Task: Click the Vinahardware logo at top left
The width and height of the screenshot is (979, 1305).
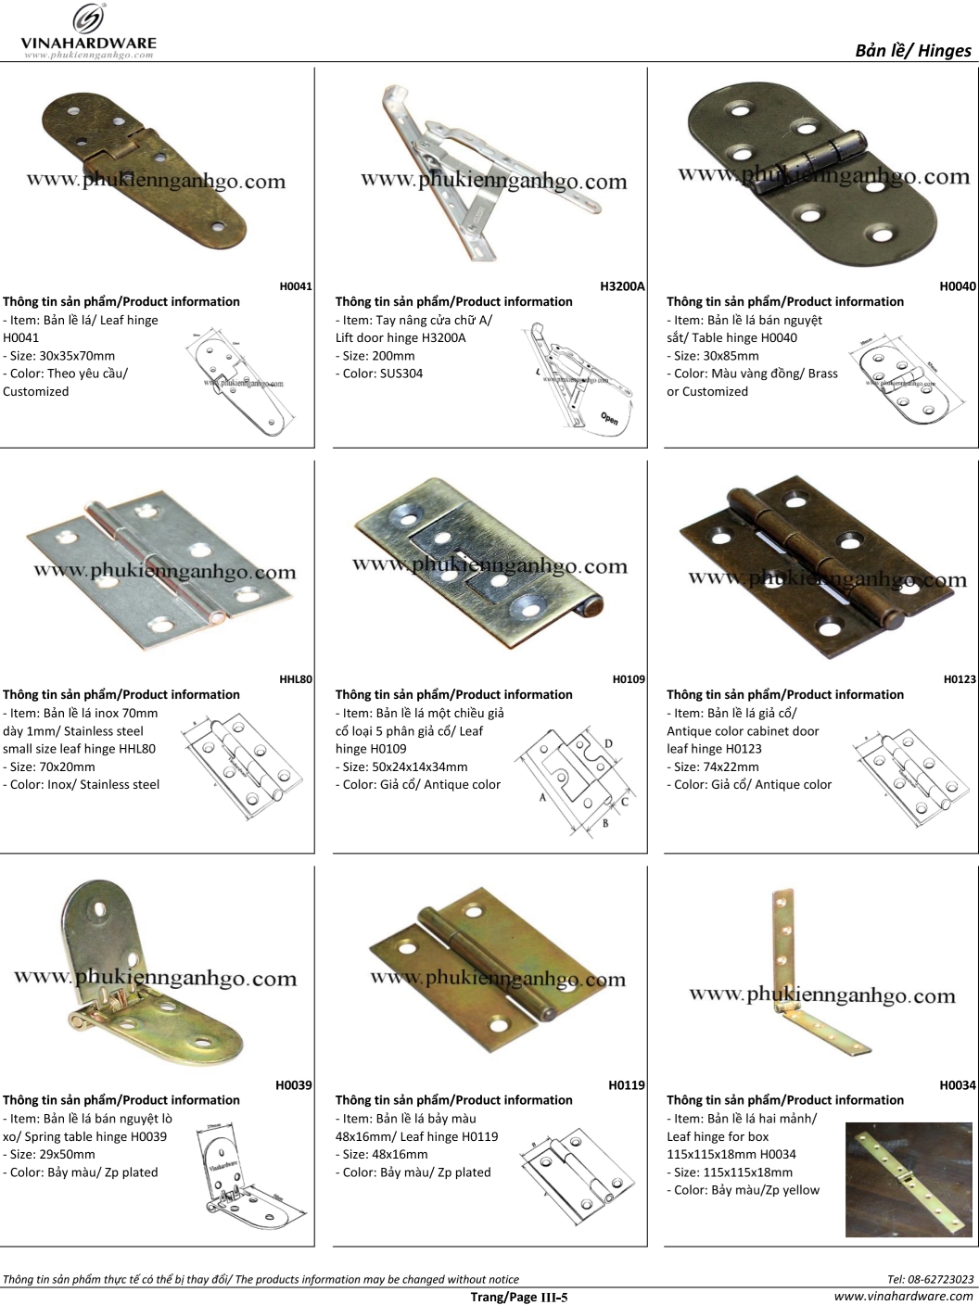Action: (x=89, y=32)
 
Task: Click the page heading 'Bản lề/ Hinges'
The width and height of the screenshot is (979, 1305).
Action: (x=912, y=50)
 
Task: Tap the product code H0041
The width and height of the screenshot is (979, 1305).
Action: (x=296, y=286)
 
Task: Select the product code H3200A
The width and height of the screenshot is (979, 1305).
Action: (x=622, y=286)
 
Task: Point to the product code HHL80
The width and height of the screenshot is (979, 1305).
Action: (x=296, y=679)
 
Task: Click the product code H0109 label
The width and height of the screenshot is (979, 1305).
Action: (x=629, y=679)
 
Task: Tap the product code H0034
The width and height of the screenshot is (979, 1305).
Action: (x=958, y=1085)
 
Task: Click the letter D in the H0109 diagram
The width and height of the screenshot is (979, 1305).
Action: (x=608, y=743)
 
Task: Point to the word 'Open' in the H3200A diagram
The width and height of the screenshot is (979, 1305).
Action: (x=609, y=418)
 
